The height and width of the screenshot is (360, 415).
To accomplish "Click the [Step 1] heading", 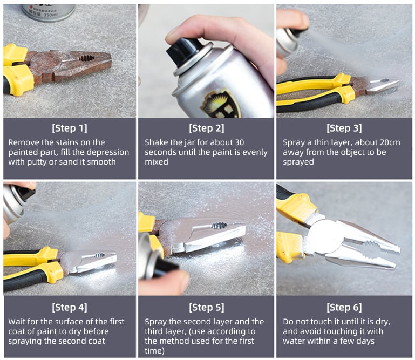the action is tap(69, 128).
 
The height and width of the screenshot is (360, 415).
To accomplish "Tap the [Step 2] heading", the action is tap(207, 128).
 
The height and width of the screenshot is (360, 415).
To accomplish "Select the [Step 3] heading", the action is tap(344, 128).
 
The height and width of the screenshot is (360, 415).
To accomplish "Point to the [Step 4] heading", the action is tap(69, 307).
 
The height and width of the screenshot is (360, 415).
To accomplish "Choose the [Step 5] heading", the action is tap(207, 307).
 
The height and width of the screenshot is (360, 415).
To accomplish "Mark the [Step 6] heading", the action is tap(344, 307).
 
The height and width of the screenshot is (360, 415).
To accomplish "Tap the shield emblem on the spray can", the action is tap(221, 104).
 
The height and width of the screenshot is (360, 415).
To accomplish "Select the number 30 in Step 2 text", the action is tap(239, 142).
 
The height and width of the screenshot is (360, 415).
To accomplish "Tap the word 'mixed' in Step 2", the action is tap(157, 162).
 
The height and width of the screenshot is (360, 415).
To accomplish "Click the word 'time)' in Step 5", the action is tap(154, 351).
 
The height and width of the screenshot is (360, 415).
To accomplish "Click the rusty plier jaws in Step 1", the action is tap(87, 64).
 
